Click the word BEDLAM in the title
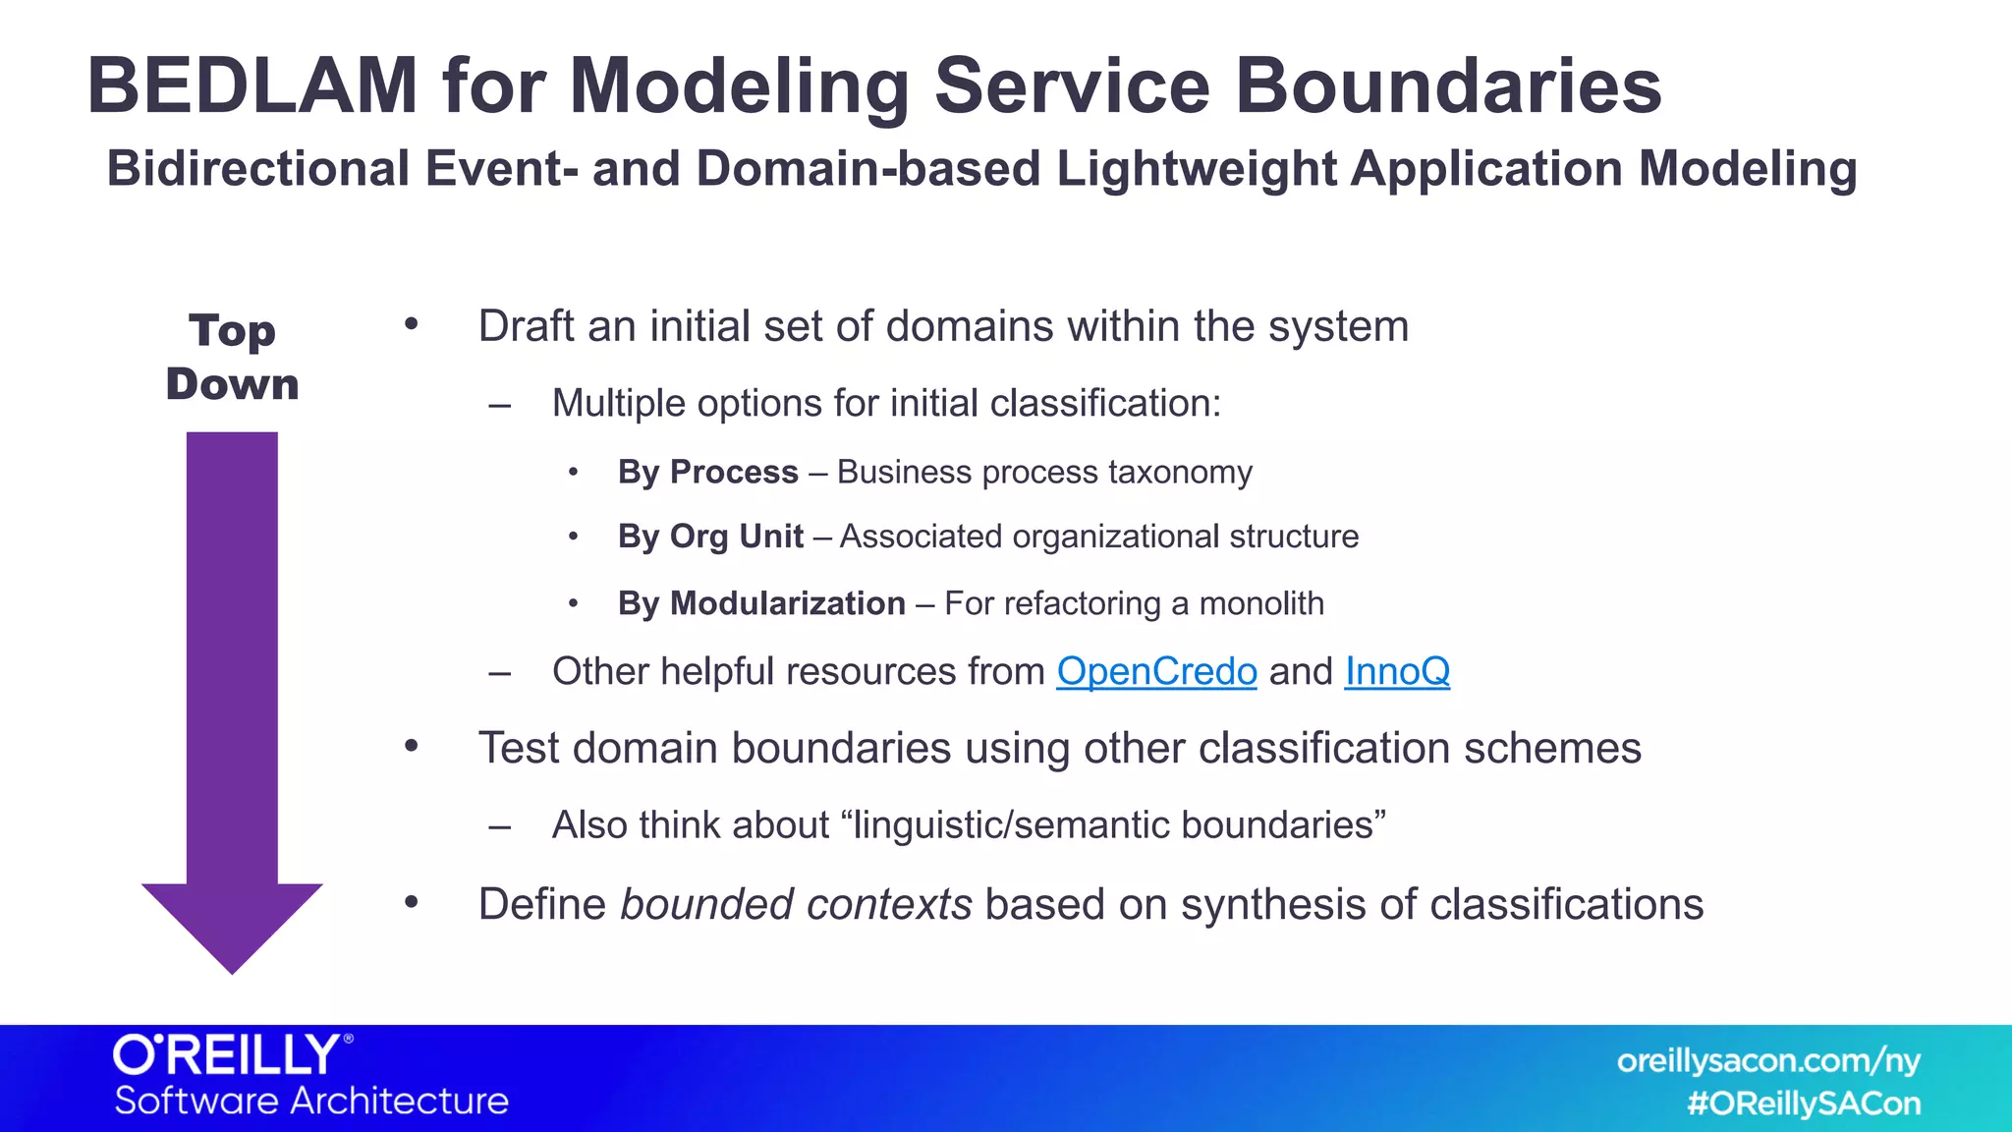point(252,86)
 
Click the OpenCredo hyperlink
point(1156,672)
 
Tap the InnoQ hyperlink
point(1396,672)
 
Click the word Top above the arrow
point(232,331)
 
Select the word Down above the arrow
point(232,384)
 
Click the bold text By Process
point(707,473)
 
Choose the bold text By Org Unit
point(710,537)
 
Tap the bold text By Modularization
point(761,603)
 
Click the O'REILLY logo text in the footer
point(228,1055)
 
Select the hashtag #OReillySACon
point(1803,1104)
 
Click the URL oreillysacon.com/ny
point(1767,1061)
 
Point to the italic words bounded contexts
point(796,905)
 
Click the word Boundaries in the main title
point(1447,86)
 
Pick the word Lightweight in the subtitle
point(1196,168)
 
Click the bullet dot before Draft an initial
point(412,325)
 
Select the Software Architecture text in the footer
point(311,1101)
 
